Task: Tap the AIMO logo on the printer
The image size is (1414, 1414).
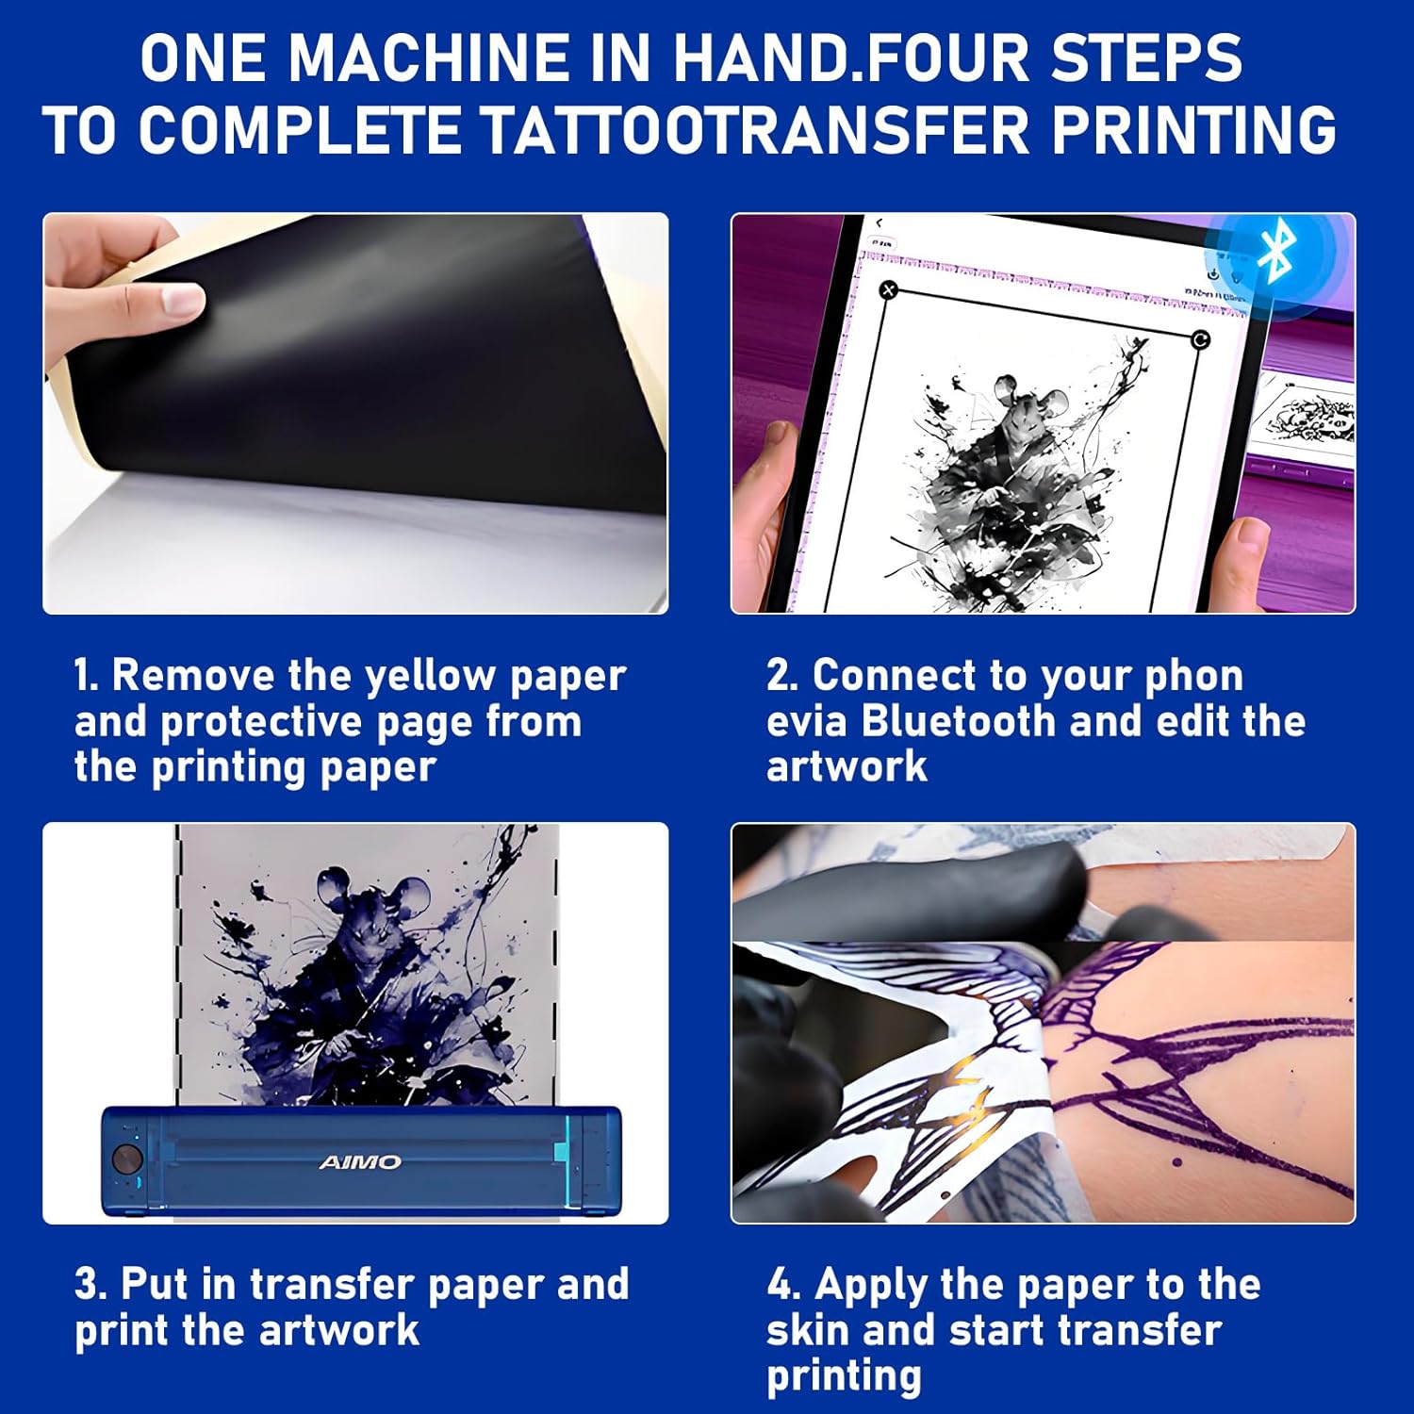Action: (x=360, y=1161)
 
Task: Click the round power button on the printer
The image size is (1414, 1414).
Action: (x=126, y=1158)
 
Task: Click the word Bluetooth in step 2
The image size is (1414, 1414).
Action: (x=959, y=721)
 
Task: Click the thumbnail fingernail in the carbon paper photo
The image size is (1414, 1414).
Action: (x=183, y=301)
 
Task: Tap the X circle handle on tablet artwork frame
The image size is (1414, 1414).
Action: (x=888, y=290)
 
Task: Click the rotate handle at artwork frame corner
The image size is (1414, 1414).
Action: (x=1200, y=339)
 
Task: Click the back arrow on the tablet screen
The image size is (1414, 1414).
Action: (x=879, y=223)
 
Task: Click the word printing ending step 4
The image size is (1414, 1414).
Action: (x=844, y=1375)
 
